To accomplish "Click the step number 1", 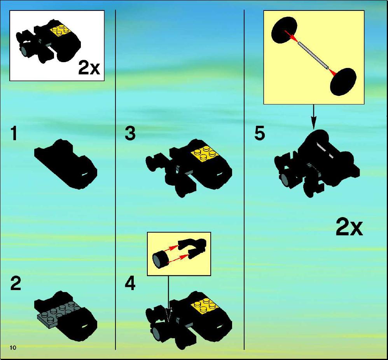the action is coord(14,133).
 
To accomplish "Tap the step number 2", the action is coord(16,283).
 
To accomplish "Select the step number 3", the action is coord(130,133).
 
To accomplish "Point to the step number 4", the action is coord(130,283).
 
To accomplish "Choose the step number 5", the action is coord(260,133).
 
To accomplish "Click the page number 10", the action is coord(13,348).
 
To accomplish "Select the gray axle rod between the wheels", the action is coord(313,56).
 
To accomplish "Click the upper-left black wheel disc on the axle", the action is coord(284,30).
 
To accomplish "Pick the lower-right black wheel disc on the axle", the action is coord(343,81).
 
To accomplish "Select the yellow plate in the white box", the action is coord(61,30).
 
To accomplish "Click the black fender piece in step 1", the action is coord(66,164).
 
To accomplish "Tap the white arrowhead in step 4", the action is coord(169,315).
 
